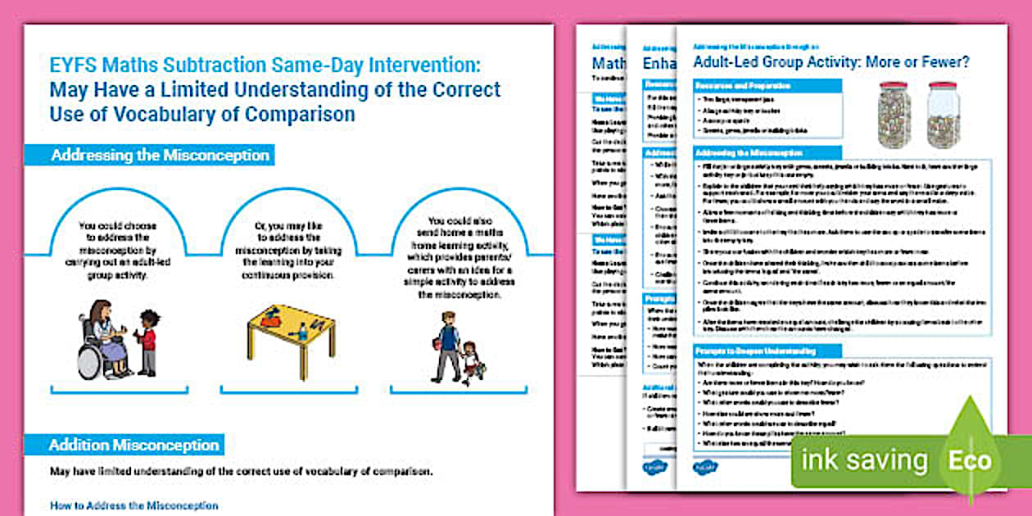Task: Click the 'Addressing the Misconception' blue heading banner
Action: coord(160,155)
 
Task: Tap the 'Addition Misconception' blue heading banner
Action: coord(134,445)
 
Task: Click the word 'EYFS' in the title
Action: coord(74,63)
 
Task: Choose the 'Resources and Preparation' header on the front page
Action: coord(743,86)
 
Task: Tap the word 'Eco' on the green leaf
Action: coord(970,459)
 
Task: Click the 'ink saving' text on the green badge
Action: coord(864,461)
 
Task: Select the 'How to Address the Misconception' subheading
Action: coord(134,505)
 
